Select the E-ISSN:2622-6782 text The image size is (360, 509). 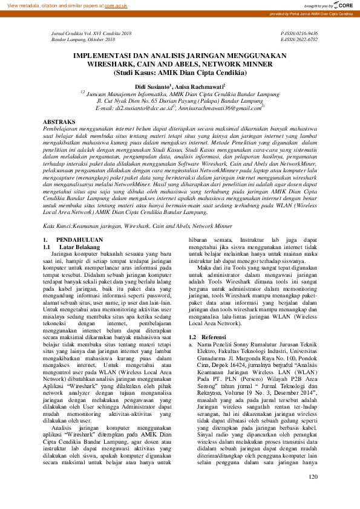click(x=299, y=39)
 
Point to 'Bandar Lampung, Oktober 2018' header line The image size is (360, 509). click(x=83, y=39)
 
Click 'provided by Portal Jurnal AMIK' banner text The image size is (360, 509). click(x=313, y=13)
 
